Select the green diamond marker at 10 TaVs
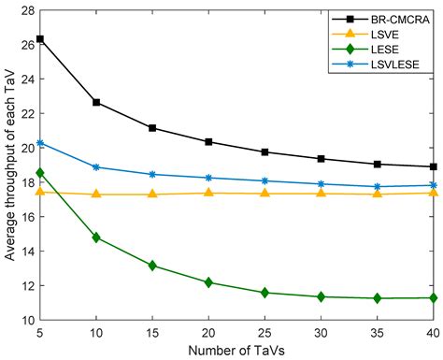coord(96,238)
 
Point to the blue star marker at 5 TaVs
coord(40,143)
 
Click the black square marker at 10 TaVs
coord(96,102)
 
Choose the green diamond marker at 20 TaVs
coord(208,282)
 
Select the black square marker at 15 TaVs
coord(152,128)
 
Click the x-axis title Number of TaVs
coord(236,349)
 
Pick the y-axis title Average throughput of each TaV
coord(8,165)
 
